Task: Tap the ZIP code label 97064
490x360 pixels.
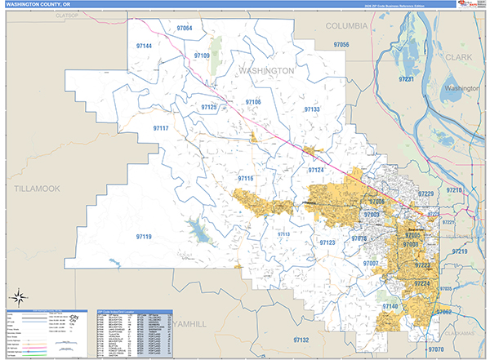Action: (184, 29)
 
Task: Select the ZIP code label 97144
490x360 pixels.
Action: (144, 46)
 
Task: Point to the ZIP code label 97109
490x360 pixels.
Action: (202, 56)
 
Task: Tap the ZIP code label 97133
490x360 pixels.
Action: (312, 109)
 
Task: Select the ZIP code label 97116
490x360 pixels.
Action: (246, 178)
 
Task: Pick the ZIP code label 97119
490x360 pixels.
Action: (144, 237)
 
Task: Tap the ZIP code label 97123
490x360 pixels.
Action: (327, 242)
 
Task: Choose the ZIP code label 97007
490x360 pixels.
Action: (372, 264)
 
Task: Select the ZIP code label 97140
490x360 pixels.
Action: (390, 306)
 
